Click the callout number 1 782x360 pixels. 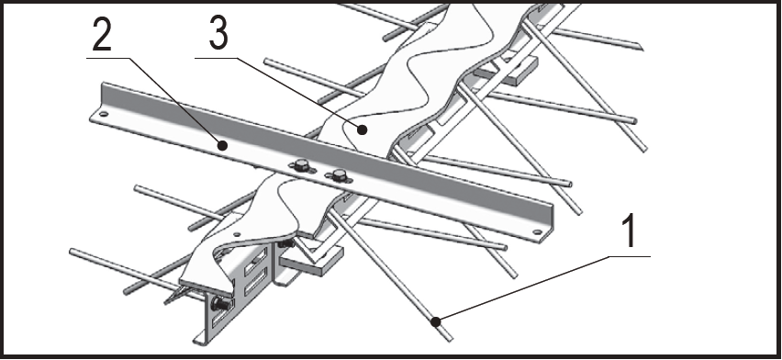tap(630, 231)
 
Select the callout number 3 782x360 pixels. tap(218, 33)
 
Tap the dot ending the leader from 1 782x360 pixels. tap(436, 322)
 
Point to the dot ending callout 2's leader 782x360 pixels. tap(223, 145)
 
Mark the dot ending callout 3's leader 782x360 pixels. tap(363, 129)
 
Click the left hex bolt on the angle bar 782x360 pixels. tap(301, 165)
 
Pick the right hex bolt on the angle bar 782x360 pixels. tap(339, 174)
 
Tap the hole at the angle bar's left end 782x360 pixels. tap(103, 115)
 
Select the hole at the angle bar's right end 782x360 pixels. tap(537, 231)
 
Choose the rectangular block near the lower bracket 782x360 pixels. tap(310, 260)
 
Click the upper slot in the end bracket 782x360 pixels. tap(255, 260)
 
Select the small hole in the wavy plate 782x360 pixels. tap(237, 233)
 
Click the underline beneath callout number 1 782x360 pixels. tap(630, 256)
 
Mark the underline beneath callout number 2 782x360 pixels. tap(107, 59)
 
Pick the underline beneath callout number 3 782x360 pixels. tap(216, 59)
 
